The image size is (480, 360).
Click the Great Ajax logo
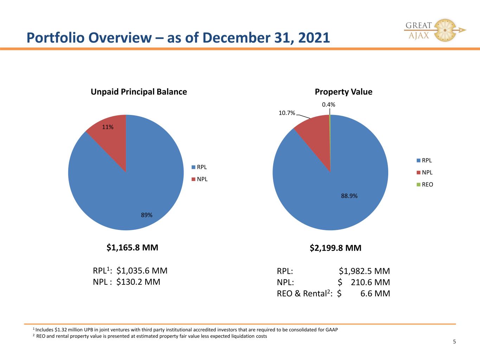[x=435, y=30]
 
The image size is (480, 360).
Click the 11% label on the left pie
[x=108, y=127]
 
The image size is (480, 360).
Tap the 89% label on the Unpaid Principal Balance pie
[x=147, y=215]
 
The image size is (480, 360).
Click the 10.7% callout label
[x=287, y=113]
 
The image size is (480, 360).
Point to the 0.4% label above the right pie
[x=328, y=104]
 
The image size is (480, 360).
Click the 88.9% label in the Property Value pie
[x=349, y=196]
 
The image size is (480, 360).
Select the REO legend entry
[x=425, y=185]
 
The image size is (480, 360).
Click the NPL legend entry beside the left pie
[x=199, y=179]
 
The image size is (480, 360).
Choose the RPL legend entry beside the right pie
[x=424, y=160]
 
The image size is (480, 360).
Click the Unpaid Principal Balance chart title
[x=139, y=92]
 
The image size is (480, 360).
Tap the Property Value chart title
[x=344, y=92]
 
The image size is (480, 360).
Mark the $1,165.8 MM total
[x=132, y=247]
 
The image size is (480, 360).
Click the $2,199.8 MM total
[x=335, y=248]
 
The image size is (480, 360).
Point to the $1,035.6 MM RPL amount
[x=142, y=271]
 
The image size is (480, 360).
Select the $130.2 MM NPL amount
[x=138, y=282]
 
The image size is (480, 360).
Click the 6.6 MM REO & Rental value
[x=375, y=293]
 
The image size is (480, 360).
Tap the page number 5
[x=454, y=342]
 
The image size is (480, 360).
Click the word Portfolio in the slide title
[x=56, y=38]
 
